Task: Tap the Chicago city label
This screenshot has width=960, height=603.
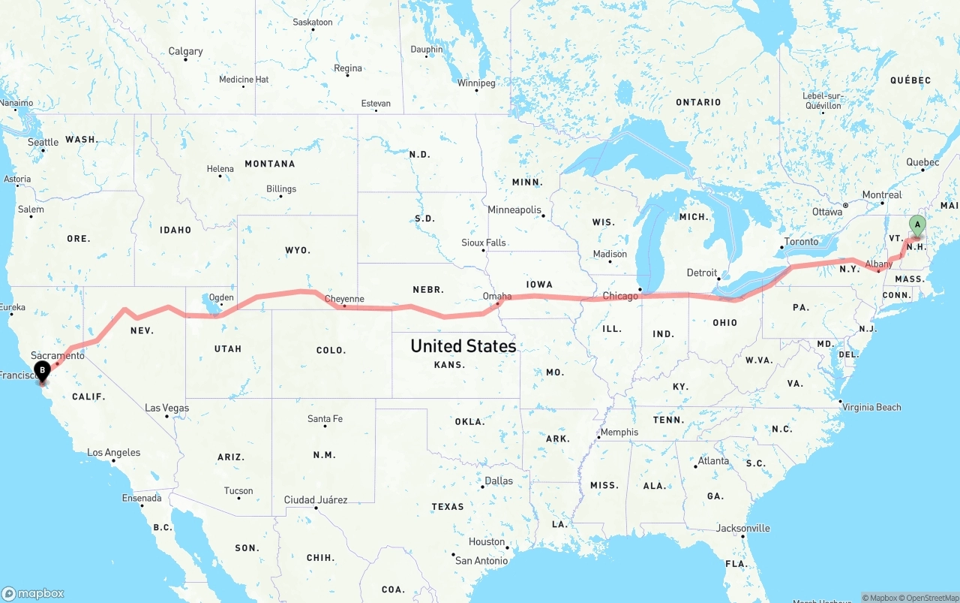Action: pos(620,296)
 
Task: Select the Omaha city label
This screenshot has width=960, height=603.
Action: pos(496,296)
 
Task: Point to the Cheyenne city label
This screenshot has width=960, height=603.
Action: pos(344,299)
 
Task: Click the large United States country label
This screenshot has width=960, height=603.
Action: pos(463,345)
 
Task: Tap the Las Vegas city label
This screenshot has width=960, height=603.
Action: pos(166,408)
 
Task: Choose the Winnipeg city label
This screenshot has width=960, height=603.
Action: pos(476,83)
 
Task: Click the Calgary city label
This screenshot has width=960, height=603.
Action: pos(185,51)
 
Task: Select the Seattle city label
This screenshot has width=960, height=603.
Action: pos(43,142)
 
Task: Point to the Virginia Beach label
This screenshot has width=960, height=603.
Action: pos(871,407)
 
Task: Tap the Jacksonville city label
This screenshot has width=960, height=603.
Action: pos(742,528)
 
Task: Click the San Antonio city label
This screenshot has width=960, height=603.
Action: pos(481,560)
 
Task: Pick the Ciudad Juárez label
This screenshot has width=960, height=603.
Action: pos(315,499)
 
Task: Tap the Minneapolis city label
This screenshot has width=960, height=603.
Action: pos(514,210)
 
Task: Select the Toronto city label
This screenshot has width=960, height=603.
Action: pos(801,242)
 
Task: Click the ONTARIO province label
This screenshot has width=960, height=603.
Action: pos(697,102)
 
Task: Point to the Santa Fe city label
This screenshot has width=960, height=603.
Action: pos(325,418)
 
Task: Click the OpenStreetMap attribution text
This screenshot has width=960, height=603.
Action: pos(931,598)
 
